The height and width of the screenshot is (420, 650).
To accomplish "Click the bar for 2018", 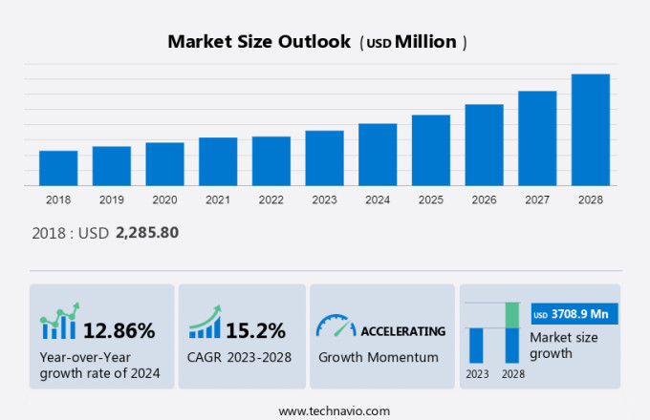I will click(x=58, y=168).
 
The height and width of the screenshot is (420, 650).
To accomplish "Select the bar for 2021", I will click(x=218, y=161).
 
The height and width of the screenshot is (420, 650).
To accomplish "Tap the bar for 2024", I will click(x=378, y=155).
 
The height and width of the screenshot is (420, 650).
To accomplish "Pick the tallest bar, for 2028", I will click(x=591, y=130).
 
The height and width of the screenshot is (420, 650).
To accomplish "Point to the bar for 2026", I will click(x=484, y=145).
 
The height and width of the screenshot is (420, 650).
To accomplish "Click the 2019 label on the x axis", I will click(x=112, y=200).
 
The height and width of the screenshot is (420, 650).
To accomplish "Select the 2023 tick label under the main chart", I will click(x=324, y=200).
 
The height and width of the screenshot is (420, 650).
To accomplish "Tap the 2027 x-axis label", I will click(x=537, y=200).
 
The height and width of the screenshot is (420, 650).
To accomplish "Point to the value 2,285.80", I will click(x=147, y=232).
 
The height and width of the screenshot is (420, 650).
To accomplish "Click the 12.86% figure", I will click(x=119, y=331).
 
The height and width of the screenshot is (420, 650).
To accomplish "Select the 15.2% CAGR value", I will click(x=255, y=331).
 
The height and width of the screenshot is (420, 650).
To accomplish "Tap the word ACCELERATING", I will click(x=402, y=331).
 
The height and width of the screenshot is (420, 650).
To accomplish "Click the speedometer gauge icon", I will click(x=336, y=326).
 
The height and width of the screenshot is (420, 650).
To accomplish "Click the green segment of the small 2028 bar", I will click(x=512, y=315).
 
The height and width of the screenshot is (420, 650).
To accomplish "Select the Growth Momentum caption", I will click(x=379, y=357).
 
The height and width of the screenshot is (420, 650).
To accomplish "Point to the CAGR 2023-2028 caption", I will click(x=240, y=357).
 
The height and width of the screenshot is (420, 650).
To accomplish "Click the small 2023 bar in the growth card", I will click(x=476, y=345).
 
